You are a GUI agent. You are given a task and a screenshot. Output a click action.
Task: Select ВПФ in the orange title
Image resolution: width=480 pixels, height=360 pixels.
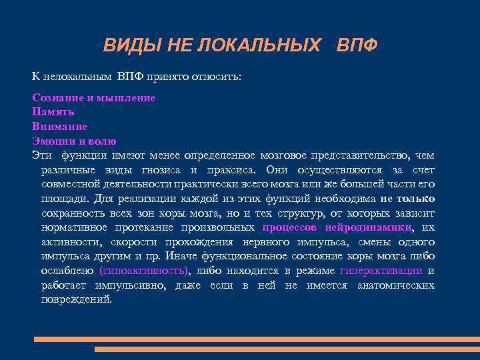[357, 45]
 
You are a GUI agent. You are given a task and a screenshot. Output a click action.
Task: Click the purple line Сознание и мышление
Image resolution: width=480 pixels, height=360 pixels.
[93, 97]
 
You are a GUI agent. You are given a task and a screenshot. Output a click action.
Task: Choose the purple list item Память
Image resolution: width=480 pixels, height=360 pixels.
[53, 111]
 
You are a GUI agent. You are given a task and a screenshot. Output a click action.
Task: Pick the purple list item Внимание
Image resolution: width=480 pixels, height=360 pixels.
[59, 126]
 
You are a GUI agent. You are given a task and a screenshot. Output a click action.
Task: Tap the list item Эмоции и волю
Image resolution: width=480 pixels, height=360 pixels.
[74, 141]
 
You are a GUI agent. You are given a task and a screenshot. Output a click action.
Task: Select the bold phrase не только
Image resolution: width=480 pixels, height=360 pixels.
[407, 198]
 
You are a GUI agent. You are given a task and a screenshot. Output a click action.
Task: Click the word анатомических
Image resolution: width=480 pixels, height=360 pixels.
[395, 285]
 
